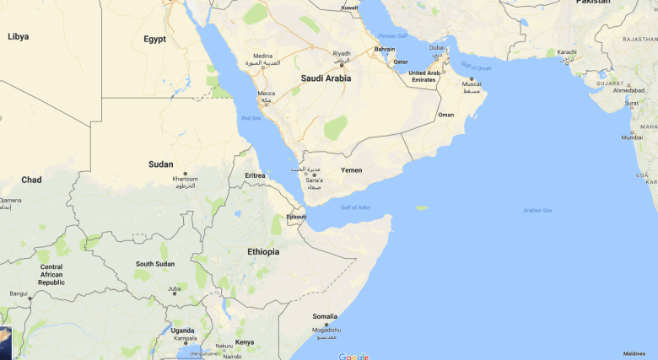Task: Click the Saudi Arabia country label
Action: click(x=326, y=78)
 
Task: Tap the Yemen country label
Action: click(x=351, y=170)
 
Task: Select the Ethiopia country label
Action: click(x=263, y=252)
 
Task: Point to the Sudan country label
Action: click(x=160, y=164)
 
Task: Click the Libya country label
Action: click(x=18, y=36)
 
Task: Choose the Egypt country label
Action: click(x=154, y=39)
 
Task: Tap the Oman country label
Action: click(x=446, y=115)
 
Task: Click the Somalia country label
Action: click(x=325, y=316)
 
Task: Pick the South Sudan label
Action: click(x=156, y=264)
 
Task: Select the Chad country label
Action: click(x=31, y=180)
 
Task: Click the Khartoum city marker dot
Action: click(x=185, y=173)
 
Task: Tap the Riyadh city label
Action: click(x=342, y=53)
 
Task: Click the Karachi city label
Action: click(x=567, y=52)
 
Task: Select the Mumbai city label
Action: click(x=632, y=137)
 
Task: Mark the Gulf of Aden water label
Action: click(x=356, y=207)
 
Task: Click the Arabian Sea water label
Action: click(x=537, y=210)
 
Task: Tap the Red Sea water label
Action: click(x=251, y=119)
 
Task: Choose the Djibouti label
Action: click(x=296, y=217)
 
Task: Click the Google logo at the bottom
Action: click(x=353, y=356)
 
